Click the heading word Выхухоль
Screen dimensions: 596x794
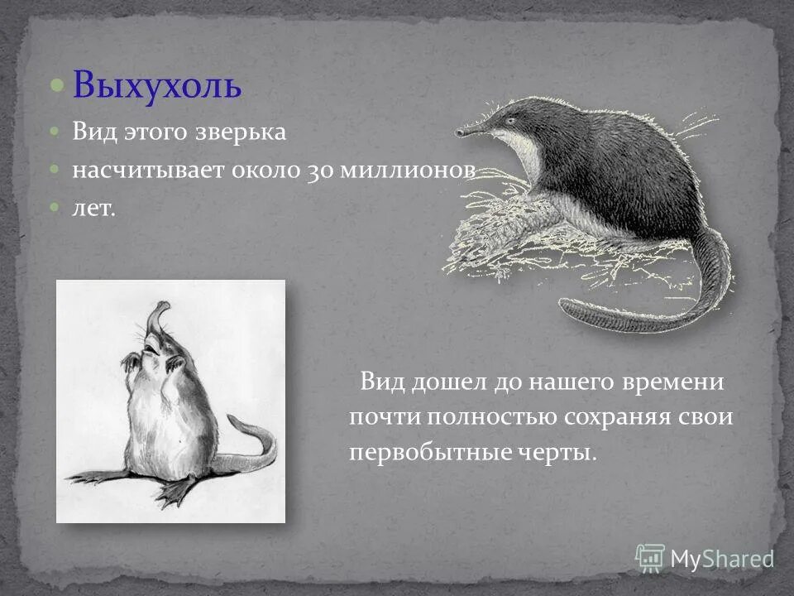coord(156,86)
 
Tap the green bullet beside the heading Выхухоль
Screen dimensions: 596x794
coord(55,85)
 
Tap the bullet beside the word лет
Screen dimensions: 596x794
coord(55,207)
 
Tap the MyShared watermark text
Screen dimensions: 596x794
coord(722,559)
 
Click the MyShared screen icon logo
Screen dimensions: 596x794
coord(650,556)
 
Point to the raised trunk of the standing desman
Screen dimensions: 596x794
coord(155,314)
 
